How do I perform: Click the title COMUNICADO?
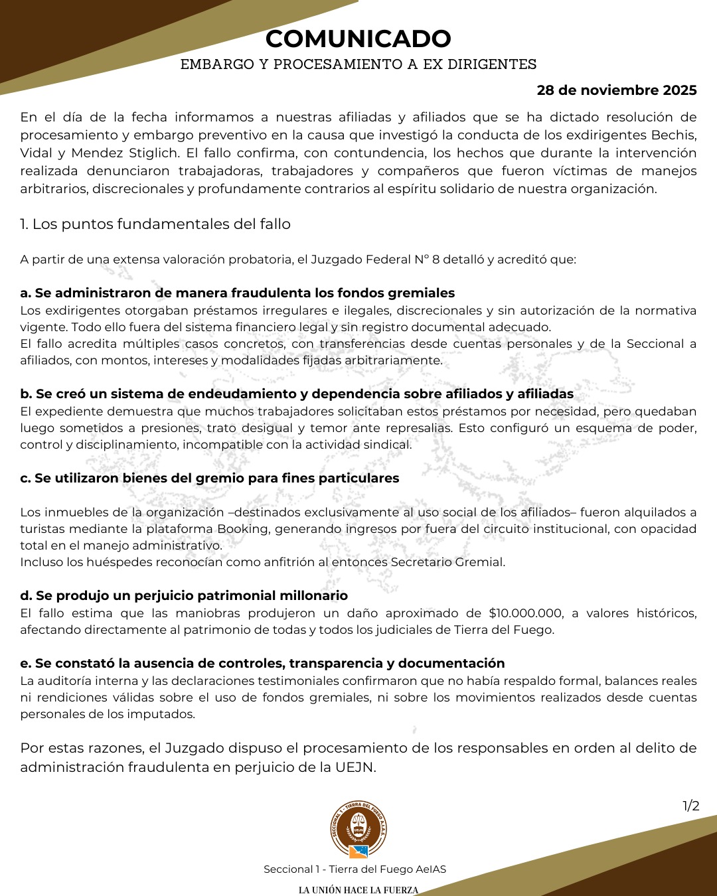[x=358, y=38]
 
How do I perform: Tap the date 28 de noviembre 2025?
[x=617, y=90]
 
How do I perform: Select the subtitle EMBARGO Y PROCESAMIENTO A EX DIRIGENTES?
[x=358, y=64]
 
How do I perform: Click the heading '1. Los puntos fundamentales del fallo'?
[x=155, y=224]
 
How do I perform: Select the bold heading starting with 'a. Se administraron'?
[x=238, y=293]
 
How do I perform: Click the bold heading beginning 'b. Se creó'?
[x=297, y=394]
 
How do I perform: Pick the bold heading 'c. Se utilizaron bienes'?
[x=210, y=479]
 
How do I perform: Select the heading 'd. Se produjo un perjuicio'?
[x=184, y=596]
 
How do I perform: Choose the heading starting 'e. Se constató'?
[x=262, y=664]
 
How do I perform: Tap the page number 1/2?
[x=691, y=806]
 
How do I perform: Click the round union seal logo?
[x=358, y=830]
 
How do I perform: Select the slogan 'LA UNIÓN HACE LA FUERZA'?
[x=358, y=890]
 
